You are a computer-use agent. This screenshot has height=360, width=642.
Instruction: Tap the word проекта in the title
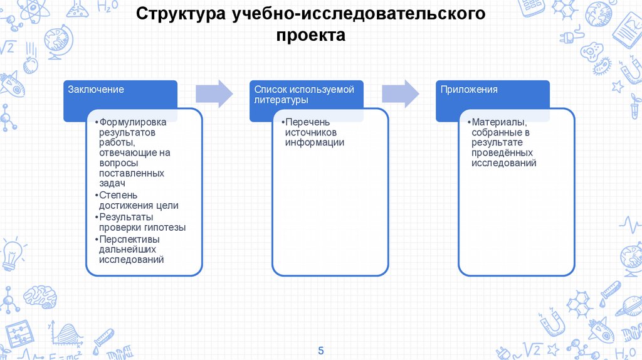(x=311, y=36)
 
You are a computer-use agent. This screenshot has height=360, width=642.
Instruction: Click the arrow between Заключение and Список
(x=214, y=93)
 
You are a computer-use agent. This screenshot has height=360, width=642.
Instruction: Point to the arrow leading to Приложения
(x=401, y=93)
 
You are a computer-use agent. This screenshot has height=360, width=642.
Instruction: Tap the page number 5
(x=321, y=349)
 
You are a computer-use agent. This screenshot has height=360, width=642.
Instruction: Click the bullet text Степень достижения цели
(x=139, y=200)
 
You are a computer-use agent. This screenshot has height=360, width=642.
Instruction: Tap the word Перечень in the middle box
(x=307, y=123)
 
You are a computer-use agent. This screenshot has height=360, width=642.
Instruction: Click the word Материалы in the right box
(x=500, y=123)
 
